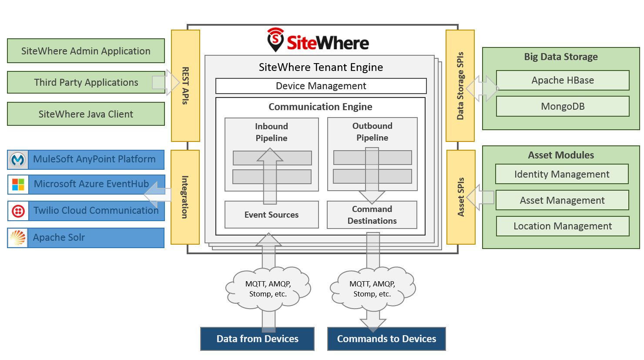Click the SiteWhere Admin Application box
[86, 51]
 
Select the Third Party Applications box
[86, 83]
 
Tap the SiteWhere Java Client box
[86, 114]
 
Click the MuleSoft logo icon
[18, 160]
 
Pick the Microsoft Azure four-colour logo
[18, 185]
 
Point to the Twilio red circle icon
[18, 211]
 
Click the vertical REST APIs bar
[185, 86]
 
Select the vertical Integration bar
[185, 197]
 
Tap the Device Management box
[321, 86]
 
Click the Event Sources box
[272, 215]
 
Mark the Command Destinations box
[372, 215]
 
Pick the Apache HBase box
[562, 81]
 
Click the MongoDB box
[562, 107]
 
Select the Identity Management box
[561, 174]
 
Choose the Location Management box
[562, 226]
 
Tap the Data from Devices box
[257, 339]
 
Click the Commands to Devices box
[386, 339]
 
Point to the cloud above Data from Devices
[268, 289]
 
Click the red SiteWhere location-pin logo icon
[275, 40]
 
